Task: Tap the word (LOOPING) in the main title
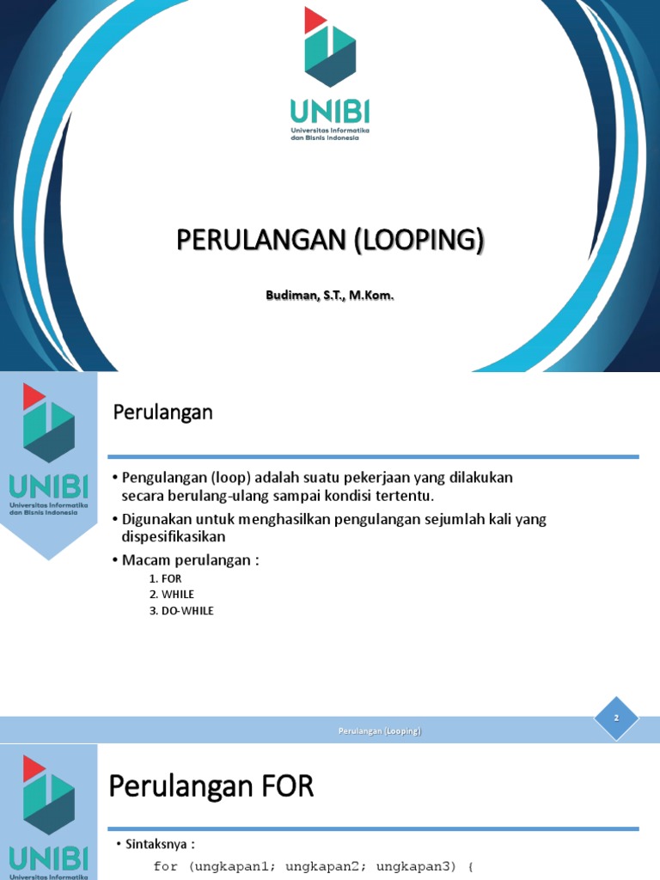pos(419,240)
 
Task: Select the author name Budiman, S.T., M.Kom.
pos(330,296)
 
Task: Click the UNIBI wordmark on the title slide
pos(329,112)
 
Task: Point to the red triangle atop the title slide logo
pos(315,20)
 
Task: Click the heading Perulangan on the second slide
pos(162,412)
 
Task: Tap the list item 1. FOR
pos(165,578)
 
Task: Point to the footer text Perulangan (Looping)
pos(378,731)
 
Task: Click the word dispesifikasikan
pos(173,536)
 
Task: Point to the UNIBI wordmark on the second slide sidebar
pos(49,487)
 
